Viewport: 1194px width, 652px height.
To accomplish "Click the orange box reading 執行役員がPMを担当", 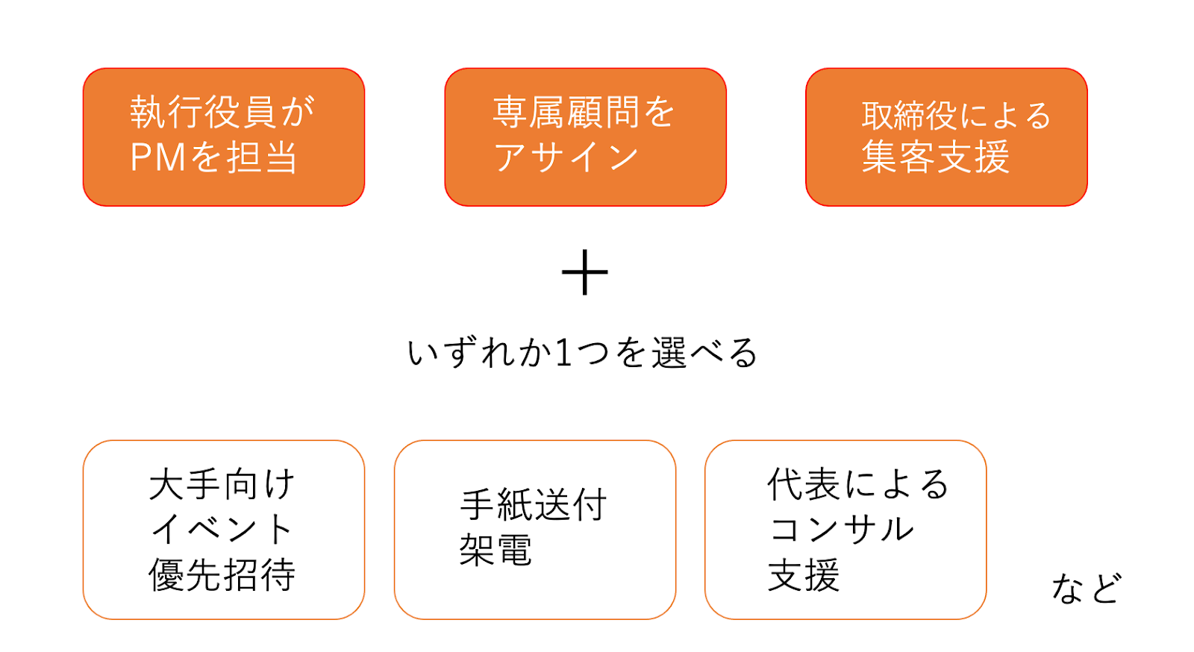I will tap(223, 137).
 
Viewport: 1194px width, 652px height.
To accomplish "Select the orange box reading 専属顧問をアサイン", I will tap(585, 137).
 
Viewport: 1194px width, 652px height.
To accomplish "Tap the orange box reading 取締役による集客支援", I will tap(946, 137).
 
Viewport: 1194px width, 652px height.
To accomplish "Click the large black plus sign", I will tap(584, 272).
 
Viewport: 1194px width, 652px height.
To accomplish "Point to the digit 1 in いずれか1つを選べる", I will tap(563, 353).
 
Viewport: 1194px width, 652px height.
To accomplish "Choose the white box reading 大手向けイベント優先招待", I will tap(223, 529).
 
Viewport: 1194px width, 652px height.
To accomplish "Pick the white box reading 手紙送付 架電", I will tap(534, 529).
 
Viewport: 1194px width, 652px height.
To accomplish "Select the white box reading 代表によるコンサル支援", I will tap(845, 529).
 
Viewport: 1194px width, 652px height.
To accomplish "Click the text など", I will tap(1086, 588).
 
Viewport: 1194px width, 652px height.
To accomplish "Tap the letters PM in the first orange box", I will tap(158, 157).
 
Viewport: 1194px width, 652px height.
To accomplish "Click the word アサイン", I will tap(566, 157).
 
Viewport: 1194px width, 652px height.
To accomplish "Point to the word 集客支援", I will tap(935, 157).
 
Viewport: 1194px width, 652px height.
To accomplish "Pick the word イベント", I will tap(222, 529).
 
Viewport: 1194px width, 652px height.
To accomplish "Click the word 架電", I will tap(495, 551).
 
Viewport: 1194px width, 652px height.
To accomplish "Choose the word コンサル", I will tap(841, 529).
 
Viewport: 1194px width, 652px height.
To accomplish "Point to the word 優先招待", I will tap(222, 574).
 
